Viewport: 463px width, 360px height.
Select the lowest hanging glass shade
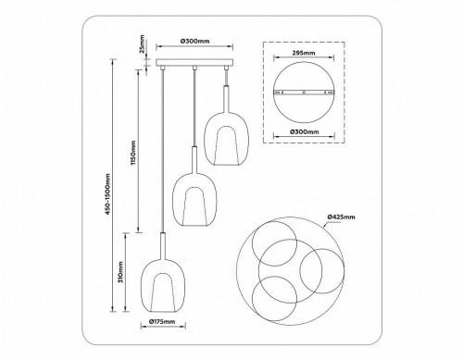coord(164,285)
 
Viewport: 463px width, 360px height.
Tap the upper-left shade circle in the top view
coord(270,236)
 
